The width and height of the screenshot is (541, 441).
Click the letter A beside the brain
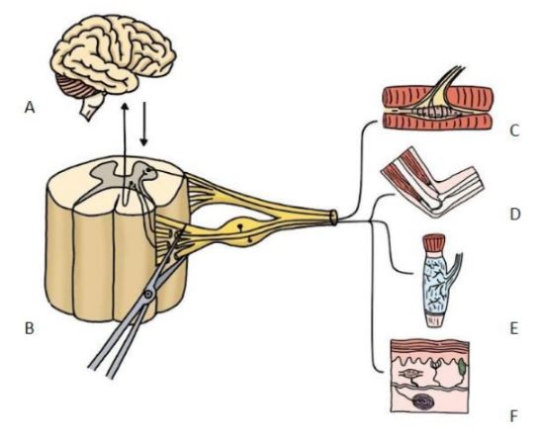point(30,108)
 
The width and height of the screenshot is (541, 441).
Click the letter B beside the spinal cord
point(30,328)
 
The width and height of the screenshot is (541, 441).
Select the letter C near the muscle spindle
point(514,131)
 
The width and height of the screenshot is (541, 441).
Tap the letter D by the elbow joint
point(514,215)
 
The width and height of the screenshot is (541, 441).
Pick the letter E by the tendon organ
point(514,329)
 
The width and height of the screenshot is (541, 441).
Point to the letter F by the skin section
point(514,416)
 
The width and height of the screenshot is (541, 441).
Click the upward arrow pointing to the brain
point(125,152)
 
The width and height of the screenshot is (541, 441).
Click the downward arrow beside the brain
point(144,124)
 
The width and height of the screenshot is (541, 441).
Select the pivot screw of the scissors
point(148,294)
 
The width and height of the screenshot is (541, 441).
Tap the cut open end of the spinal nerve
point(333,218)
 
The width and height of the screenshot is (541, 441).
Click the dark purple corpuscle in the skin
point(423,402)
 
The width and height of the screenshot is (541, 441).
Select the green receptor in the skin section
point(462,367)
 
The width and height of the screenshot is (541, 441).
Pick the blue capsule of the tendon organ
point(435,282)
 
